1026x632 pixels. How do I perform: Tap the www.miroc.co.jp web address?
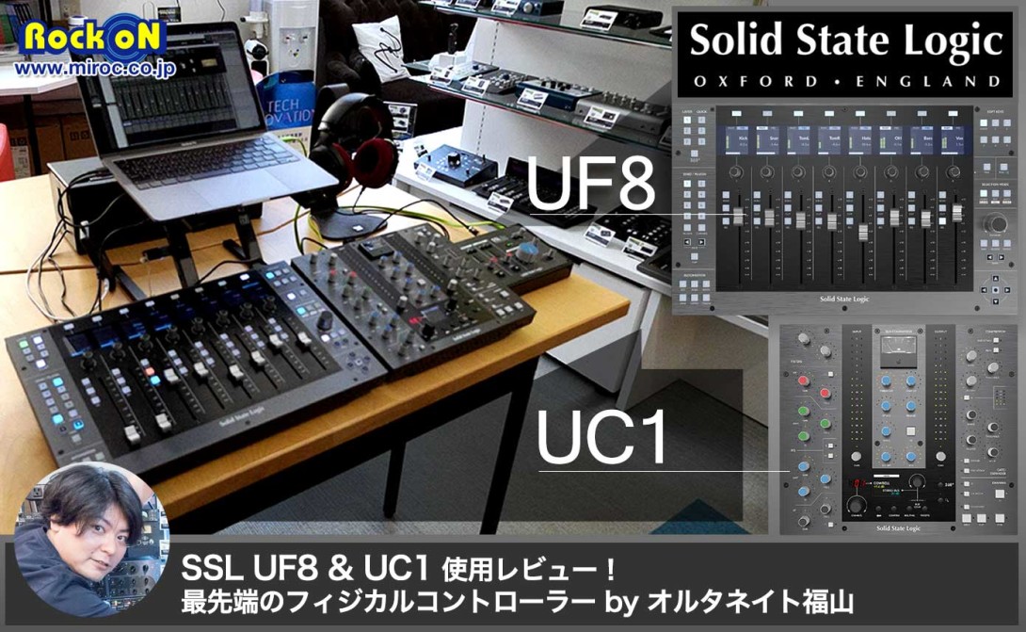(94, 70)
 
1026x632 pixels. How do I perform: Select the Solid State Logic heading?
(844, 41)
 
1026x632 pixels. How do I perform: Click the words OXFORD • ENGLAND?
(846, 82)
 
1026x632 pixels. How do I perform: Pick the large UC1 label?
(601, 435)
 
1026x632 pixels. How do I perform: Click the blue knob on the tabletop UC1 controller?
(527, 251)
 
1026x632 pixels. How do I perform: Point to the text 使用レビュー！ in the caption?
(532, 570)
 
